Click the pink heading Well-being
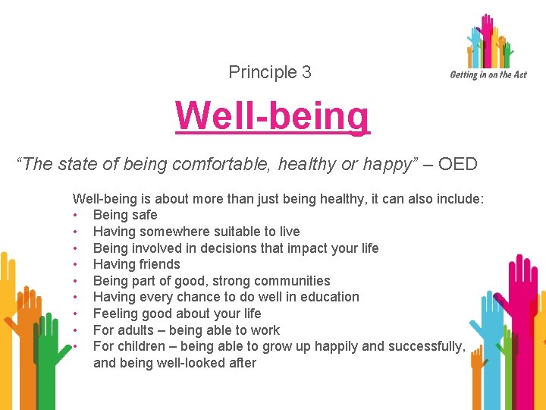point(272,116)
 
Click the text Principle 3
point(270,72)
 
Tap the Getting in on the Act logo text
point(488,74)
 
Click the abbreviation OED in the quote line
point(458,165)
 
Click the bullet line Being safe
point(125,215)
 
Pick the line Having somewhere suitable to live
point(196,232)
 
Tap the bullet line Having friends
point(136,264)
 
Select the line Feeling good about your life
point(177,314)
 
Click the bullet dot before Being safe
point(75,216)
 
